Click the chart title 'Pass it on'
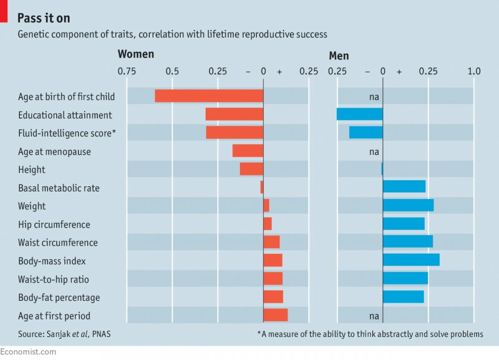pyautogui.click(x=44, y=17)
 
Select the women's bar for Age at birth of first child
pyautogui.click(x=209, y=96)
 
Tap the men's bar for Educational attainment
pyautogui.click(x=359, y=114)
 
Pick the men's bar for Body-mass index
pyautogui.click(x=411, y=260)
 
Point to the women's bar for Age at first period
pyautogui.click(x=276, y=315)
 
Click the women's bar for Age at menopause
pyautogui.click(x=248, y=151)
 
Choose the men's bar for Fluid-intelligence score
pyautogui.click(x=366, y=132)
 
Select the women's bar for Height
pyautogui.click(x=251, y=169)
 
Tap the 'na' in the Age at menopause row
pyautogui.click(x=374, y=152)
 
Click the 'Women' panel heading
pyautogui.click(x=135, y=54)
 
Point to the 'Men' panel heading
pyautogui.click(x=339, y=56)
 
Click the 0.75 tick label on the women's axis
pyautogui.click(x=127, y=71)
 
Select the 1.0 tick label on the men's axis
pyautogui.click(x=473, y=71)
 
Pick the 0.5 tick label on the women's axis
pyautogui.click(x=172, y=71)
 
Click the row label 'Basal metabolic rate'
pyautogui.click(x=59, y=188)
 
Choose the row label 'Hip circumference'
pyautogui.click(x=54, y=225)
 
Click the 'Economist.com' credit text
pyautogui.click(x=28, y=353)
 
